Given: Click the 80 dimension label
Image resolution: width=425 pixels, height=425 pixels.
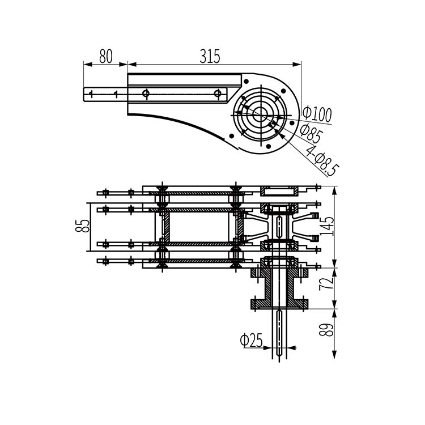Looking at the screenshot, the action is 106,56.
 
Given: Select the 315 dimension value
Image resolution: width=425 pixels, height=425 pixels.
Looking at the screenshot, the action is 210,56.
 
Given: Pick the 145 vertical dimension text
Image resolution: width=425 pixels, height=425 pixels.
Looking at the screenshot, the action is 328,226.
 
